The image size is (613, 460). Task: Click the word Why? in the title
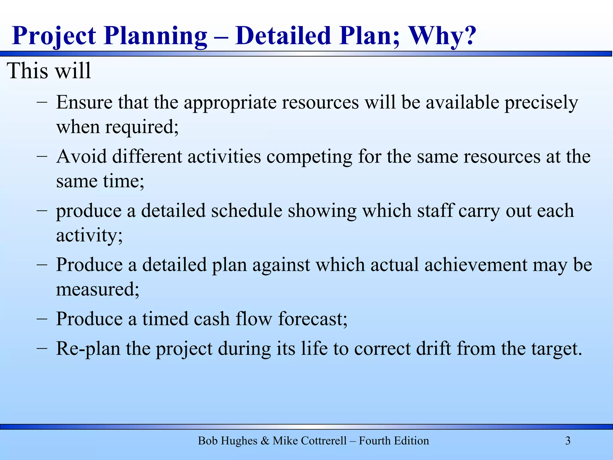pos(442,36)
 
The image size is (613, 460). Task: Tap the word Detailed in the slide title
pos(283,36)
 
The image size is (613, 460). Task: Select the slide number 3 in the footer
pos(568,441)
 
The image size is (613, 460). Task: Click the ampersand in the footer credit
pos(265,441)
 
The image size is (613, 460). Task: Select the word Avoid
pos(81,157)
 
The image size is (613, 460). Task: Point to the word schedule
pos(247,211)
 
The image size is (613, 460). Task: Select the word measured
pos(98,290)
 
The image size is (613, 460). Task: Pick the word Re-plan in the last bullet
pos(88,349)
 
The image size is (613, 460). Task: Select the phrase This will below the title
pos(49,71)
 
